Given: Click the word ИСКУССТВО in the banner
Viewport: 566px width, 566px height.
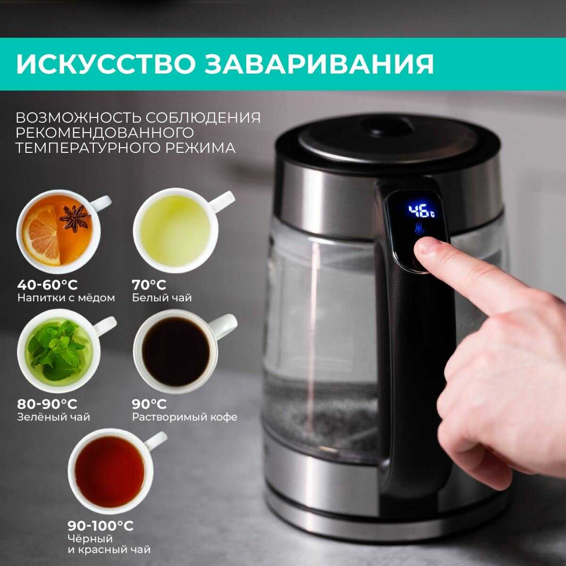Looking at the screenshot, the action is click(x=106, y=64).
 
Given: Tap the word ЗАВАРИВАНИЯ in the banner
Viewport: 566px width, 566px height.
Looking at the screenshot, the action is click(x=319, y=64).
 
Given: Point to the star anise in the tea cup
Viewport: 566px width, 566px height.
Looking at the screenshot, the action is click(x=75, y=218).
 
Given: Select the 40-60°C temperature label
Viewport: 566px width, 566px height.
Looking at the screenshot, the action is click(x=47, y=284).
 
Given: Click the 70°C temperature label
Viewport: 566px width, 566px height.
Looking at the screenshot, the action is click(x=149, y=284).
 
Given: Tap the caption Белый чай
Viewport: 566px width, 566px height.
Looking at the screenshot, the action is click(x=162, y=298).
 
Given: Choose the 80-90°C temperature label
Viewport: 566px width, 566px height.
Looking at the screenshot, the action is click(x=47, y=404).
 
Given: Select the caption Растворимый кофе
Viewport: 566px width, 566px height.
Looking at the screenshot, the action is click(x=184, y=417).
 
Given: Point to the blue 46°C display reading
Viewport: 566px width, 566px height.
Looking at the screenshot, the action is click(x=421, y=211).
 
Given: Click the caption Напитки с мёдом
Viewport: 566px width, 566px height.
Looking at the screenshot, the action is click(x=66, y=298).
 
